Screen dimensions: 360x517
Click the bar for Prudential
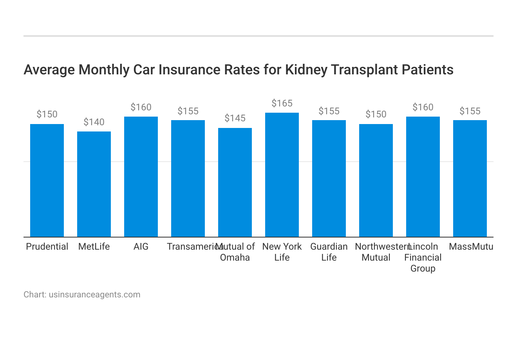tap(47, 180)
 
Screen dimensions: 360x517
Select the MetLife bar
tap(94, 184)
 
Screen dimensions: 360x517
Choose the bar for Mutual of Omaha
tap(235, 182)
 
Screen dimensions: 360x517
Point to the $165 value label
tap(282, 103)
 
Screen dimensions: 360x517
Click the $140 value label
tap(94, 122)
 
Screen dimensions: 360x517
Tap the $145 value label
tap(235, 118)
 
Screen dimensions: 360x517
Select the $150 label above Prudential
tap(47, 114)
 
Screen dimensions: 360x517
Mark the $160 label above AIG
tap(141, 107)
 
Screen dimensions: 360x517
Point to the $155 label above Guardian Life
tap(329, 111)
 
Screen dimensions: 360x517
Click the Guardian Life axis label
tap(329, 252)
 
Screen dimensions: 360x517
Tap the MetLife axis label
tap(94, 247)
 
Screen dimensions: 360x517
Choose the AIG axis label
tap(141, 247)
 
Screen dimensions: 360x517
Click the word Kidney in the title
tap(306, 70)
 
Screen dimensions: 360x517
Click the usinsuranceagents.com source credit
tap(94, 295)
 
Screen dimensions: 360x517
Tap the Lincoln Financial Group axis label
tap(423, 257)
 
